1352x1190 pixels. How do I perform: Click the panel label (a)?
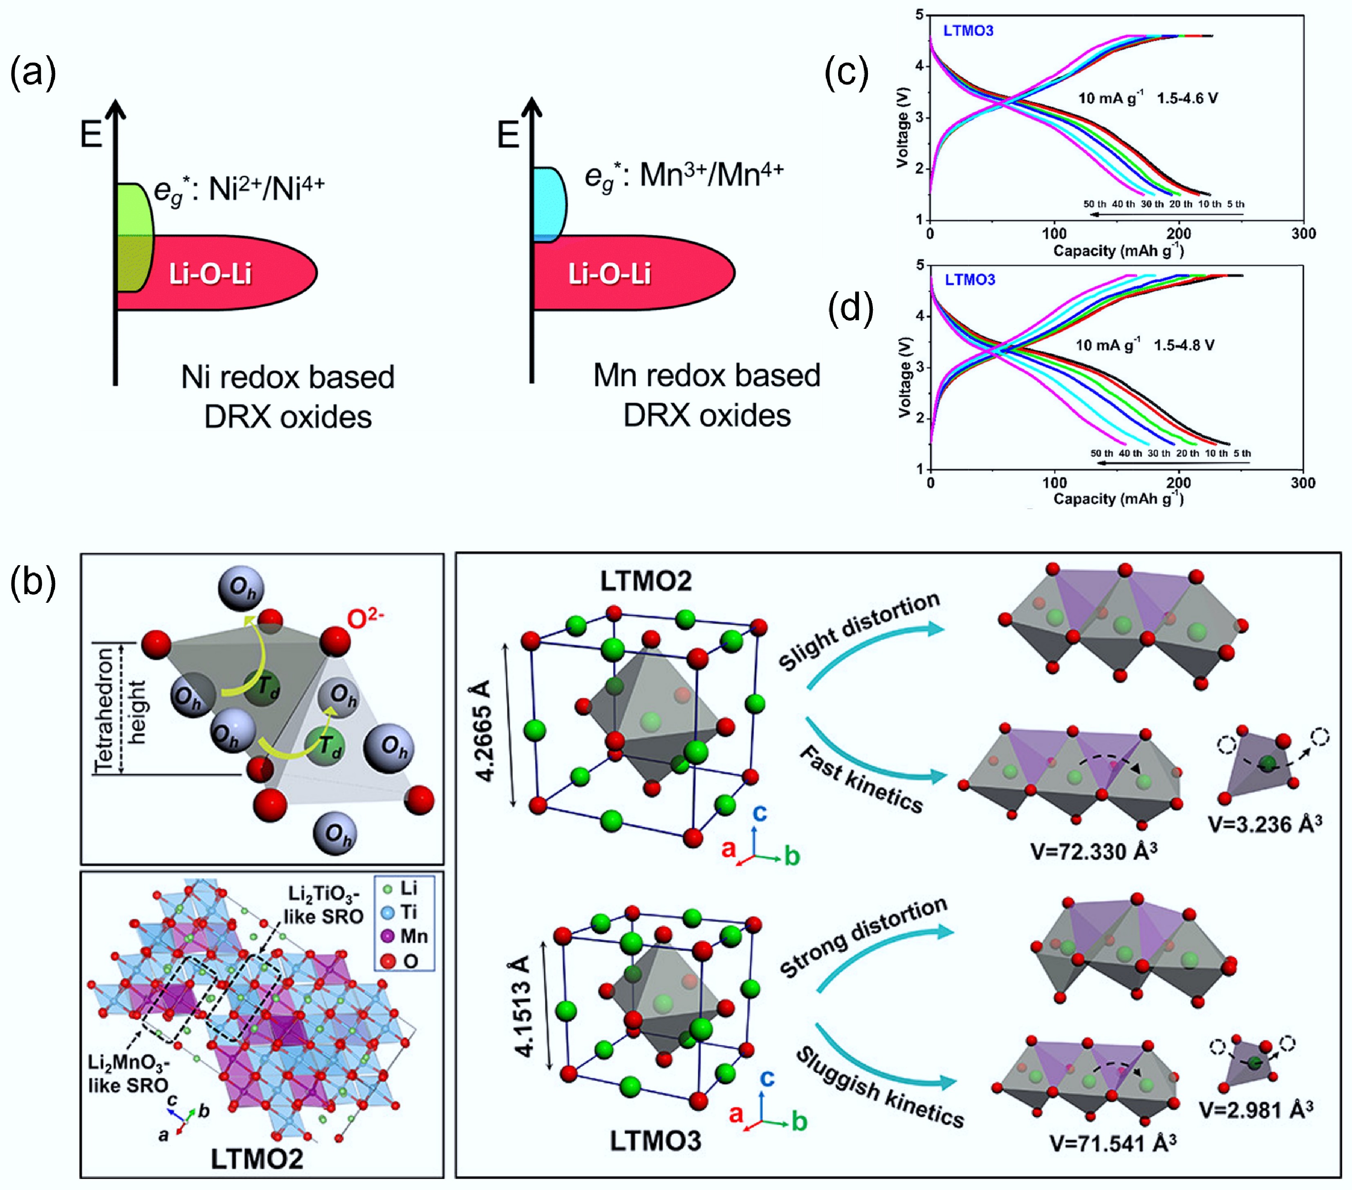tap(33, 73)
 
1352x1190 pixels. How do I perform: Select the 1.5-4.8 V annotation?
tap(1184, 345)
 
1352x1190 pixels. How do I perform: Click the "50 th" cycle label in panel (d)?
tap(1101, 453)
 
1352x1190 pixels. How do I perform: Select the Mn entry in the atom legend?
tap(406, 936)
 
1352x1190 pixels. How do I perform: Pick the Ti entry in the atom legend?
tap(401, 912)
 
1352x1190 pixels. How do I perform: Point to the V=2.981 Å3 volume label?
tap(1256, 1109)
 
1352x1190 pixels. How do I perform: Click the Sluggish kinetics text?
tap(880, 1087)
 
